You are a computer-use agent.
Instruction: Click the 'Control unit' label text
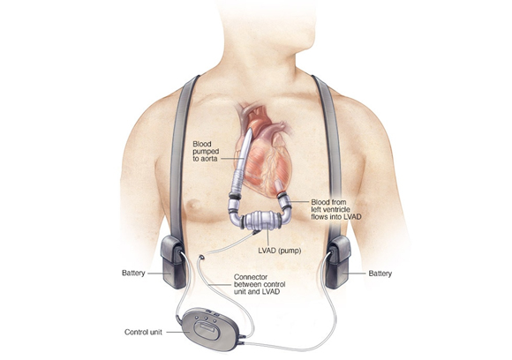(143, 333)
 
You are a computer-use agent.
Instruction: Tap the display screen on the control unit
(206, 328)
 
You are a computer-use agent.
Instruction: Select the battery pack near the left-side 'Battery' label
(174, 262)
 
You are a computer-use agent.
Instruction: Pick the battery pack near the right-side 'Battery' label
(338, 262)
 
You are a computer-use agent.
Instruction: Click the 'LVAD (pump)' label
(280, 251)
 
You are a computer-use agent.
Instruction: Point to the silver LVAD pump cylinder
(263, 220)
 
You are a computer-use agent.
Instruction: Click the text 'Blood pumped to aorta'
(206, 152)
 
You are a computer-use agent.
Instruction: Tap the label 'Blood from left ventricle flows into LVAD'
(336, 209)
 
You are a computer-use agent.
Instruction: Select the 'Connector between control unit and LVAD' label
(260, 284)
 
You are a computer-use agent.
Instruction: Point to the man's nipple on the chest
(195, 205)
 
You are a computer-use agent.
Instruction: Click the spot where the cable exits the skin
(202, 258)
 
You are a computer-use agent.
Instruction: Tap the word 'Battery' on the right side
(380, 274)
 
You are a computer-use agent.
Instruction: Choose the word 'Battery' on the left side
(133, 273)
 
